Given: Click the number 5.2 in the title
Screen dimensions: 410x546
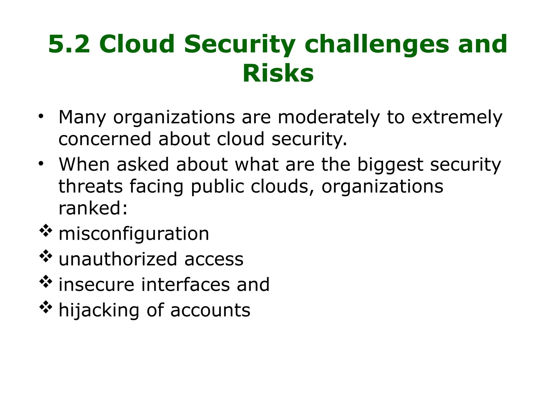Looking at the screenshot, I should (x=69, y=44).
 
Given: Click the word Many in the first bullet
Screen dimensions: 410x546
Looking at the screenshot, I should (x=82, y=117).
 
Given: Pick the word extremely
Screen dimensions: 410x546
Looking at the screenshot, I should (x=457, y=117).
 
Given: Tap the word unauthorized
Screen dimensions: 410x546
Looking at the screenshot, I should (x=118, y=259).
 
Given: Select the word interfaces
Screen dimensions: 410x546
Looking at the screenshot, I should (x=185, y=285).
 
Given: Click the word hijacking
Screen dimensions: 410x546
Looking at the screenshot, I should (x=99, y=310).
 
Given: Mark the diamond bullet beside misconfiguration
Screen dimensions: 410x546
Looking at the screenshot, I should (x=46, y=231).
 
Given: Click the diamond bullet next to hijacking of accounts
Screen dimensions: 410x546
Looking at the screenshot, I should (x=46, y=307).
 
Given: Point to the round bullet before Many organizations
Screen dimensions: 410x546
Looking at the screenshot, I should (x=41, y=116).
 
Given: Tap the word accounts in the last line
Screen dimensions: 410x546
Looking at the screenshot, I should (x=210, y=310).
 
